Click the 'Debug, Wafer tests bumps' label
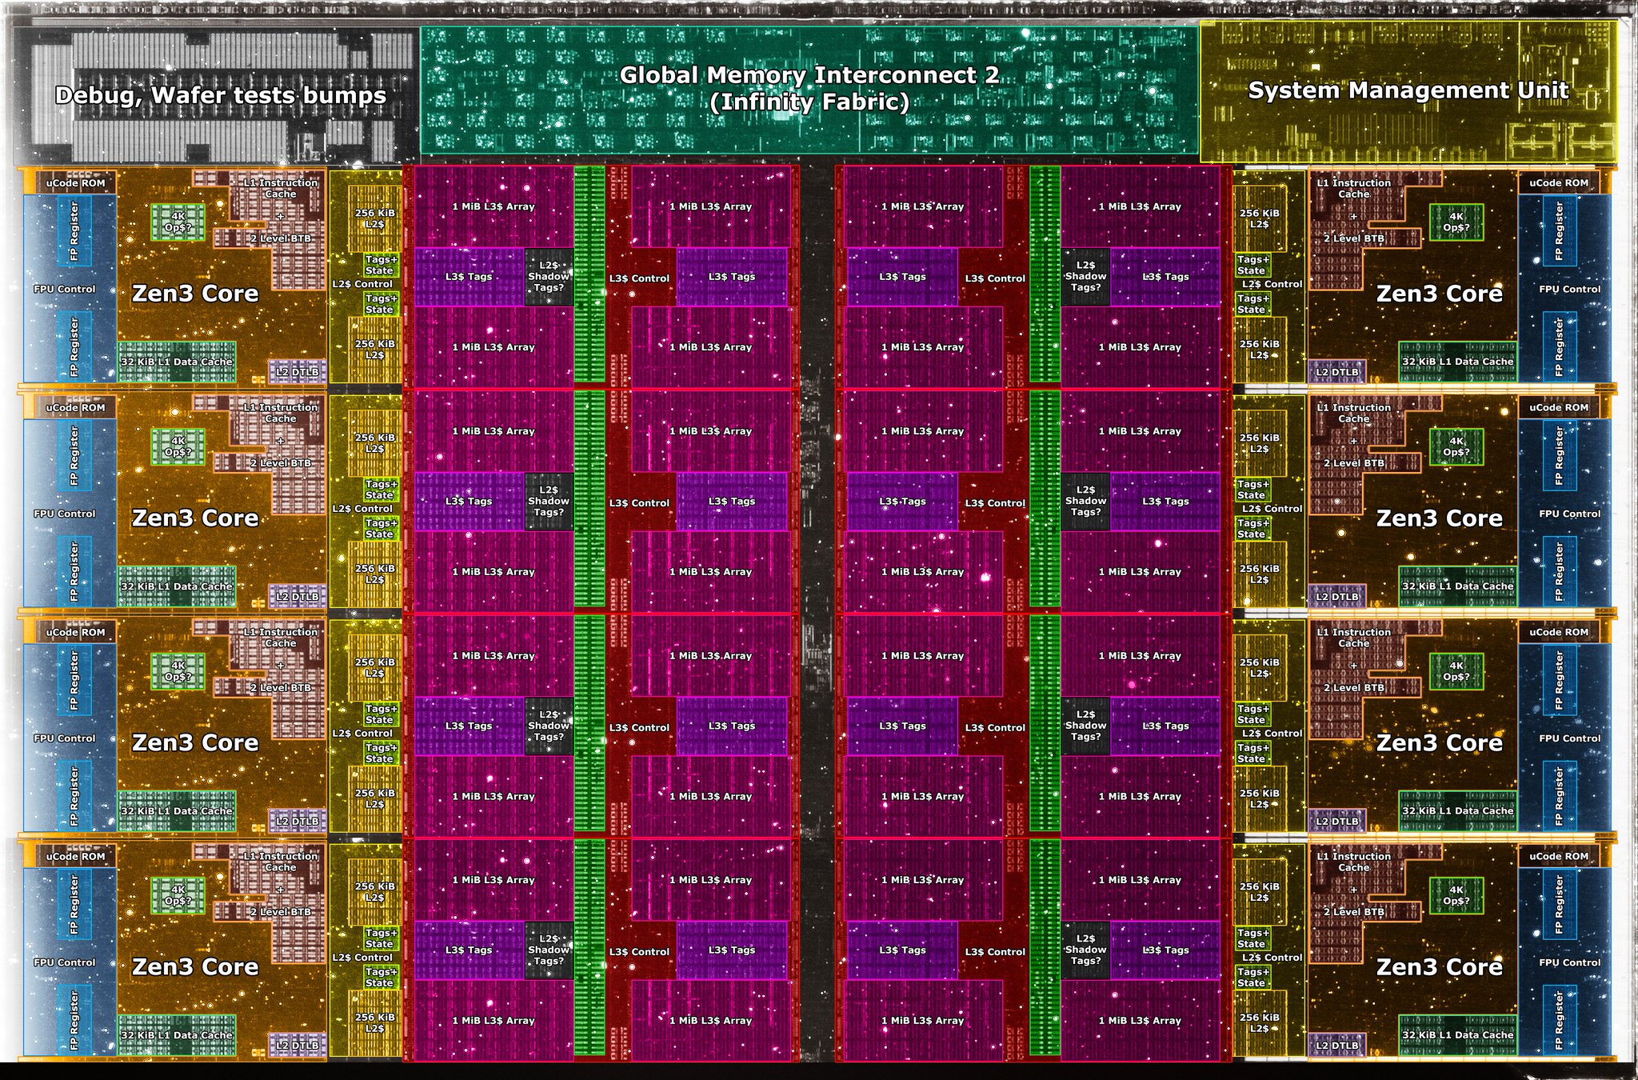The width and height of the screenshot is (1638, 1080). pyautogui.click(x=220, y=95)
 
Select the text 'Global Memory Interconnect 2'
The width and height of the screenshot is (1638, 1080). pyautogui.click(x=809, y=75)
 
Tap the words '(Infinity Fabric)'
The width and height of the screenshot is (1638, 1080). pyautogui.click(x=809, y=102)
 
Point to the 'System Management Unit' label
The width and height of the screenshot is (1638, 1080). pyautogui.click(x=1408, y=90)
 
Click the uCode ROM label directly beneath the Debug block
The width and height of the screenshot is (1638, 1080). pyautogui.click(x=75, y=183)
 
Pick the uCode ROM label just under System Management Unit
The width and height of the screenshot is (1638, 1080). pyautogui.click(x=1559, y=183)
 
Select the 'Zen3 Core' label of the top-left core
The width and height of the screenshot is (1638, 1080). pyautogui.click(x=195, y=294)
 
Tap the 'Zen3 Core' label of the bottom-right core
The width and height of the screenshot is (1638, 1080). pyautogui.click(x=1439, y=967)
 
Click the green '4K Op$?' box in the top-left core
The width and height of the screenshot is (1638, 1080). pyautogui.click(x=178, y=222)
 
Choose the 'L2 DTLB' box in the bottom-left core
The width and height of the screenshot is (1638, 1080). pyautogui.click(x=298, y=1046)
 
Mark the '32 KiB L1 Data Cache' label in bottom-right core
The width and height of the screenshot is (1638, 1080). pyautogui.click(x=1457, y=1035)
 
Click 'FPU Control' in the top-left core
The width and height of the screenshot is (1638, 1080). pyautogui.click(x=64, y=289)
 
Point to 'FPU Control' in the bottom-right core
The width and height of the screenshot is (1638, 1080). pyautogui.click(x=1569, y=962)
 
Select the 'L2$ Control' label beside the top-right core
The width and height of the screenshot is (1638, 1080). pyautogui.click(x=1272, y=284)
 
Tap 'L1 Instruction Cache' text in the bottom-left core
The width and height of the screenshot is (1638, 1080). pyautogui.click(x=281, y=862)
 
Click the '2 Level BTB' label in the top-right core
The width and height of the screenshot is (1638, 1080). pyautogui.click(x=1353, y=238)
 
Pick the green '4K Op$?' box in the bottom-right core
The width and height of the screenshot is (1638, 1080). pyautogui.click(x=1456, y=895)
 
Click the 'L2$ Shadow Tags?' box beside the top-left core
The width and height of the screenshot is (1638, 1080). pyautogui.click(x=549, y=277)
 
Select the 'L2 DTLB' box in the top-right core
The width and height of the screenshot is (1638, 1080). pyautogui.click(x=1336, y=372)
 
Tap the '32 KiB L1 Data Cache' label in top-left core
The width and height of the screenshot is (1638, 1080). pyautogui.click(x=177, y=362)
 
